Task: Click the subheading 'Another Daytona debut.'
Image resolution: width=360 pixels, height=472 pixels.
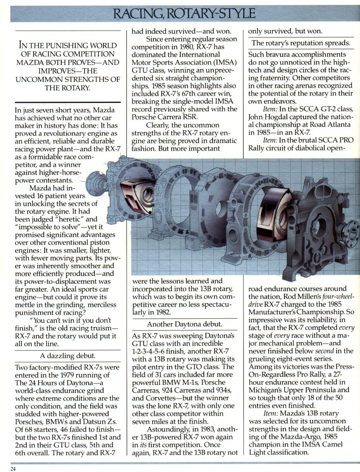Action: pos(184,325)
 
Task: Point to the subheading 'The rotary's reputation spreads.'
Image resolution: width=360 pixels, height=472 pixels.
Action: pos(301,43)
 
